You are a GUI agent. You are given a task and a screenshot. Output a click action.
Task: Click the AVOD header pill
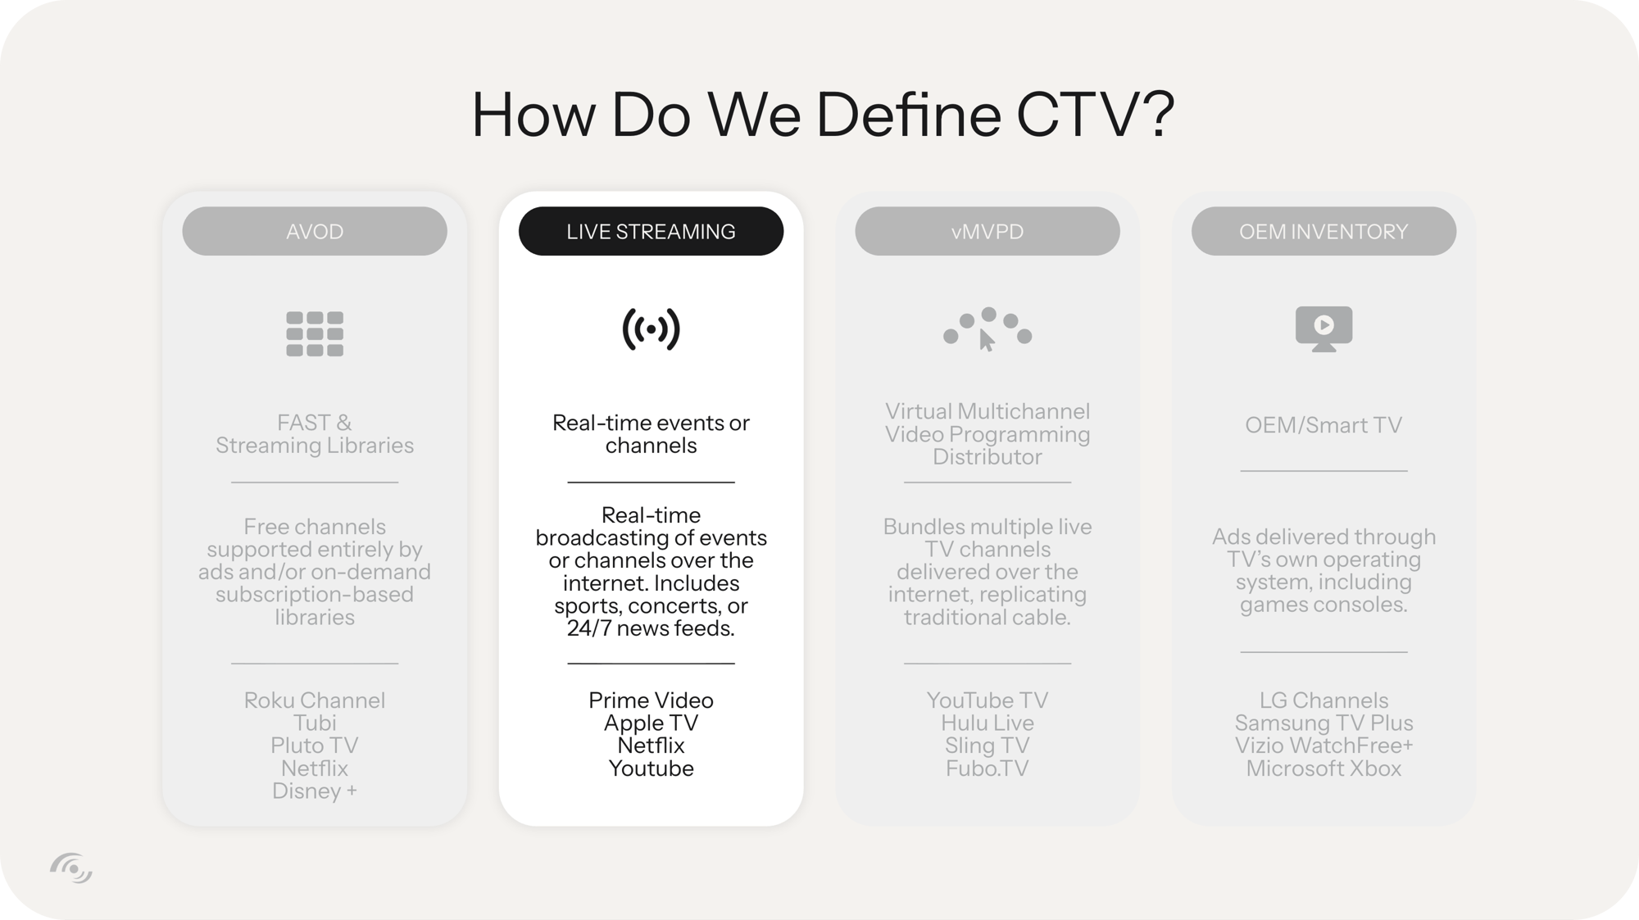[x=315, y=231]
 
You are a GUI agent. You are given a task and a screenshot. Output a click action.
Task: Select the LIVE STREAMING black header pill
[x=651, y=231]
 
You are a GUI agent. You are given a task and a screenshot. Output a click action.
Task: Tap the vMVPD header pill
[x=987, y=231]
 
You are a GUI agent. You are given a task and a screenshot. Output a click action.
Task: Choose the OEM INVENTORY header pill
[x=1323, y=231]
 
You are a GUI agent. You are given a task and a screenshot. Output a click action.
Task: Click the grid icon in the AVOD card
[x=315, y=333]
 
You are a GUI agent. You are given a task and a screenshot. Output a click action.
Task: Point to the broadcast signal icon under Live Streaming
[x=651, y=329]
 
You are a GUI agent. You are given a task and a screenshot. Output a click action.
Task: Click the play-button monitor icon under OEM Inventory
[x=1323, y=329]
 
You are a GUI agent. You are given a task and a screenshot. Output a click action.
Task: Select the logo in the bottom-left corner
[x=71, y=868]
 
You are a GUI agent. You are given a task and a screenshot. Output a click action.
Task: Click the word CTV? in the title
[x=1095, y=114]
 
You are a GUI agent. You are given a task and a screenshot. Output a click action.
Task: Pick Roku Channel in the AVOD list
[x=315, y=700]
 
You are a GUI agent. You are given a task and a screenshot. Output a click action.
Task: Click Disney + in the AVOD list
[x=315, y=791]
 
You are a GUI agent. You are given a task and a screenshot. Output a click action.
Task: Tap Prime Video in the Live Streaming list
[x=651, y=700]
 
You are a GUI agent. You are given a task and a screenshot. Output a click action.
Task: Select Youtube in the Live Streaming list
[x=651, y=768]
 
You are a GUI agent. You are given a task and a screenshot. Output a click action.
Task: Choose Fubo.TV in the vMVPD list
[x=987, y=768]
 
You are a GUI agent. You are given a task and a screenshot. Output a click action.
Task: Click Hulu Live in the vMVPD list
[x=987, y=723]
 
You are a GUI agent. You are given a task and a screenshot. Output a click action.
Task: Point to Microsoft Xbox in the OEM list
[x=1323, y=768]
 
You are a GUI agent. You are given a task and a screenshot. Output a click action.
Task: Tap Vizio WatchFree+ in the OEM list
[x=1323, y=746]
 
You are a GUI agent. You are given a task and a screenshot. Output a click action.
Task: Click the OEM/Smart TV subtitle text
[x=1323, y=425]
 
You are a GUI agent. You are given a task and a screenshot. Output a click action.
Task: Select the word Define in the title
[x=908, y=114]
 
